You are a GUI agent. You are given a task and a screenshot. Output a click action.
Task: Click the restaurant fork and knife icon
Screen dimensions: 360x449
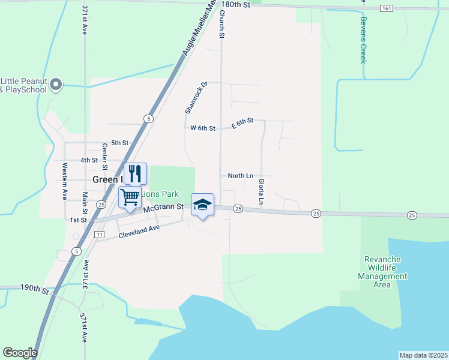pos(135,173)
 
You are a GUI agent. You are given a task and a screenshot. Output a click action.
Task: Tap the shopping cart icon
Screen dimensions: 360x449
pos(130,196)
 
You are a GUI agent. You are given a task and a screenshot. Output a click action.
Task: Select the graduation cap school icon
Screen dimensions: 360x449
pos(202,205)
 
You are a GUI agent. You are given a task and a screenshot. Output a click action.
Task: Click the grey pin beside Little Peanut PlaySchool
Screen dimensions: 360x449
pos(56,85)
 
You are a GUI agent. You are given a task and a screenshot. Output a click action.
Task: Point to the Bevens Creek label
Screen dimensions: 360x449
pos(363,40)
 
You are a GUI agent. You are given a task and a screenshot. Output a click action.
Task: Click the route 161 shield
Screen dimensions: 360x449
pos(387,8)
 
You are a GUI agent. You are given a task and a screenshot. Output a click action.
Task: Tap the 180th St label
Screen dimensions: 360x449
pos(235,4)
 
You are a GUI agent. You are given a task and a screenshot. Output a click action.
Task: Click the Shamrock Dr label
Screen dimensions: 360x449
pos(195,97)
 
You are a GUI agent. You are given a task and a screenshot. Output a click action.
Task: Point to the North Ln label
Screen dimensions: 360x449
pos(240,176)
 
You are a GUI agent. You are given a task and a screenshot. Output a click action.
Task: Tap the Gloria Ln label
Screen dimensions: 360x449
pos(261,191)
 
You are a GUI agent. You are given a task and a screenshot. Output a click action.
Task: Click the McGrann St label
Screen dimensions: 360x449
pos(163,208)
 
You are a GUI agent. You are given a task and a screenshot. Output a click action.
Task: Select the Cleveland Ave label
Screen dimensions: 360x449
pos(139,231)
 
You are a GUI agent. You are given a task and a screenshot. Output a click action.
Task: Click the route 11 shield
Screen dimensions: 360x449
pos(99,233)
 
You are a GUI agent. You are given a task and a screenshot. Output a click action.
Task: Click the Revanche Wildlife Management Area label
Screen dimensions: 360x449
pos(382,272)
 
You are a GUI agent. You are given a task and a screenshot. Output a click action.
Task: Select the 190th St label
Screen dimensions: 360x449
pos(34,289)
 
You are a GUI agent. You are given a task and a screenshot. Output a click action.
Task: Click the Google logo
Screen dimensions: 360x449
pos(20,353)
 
